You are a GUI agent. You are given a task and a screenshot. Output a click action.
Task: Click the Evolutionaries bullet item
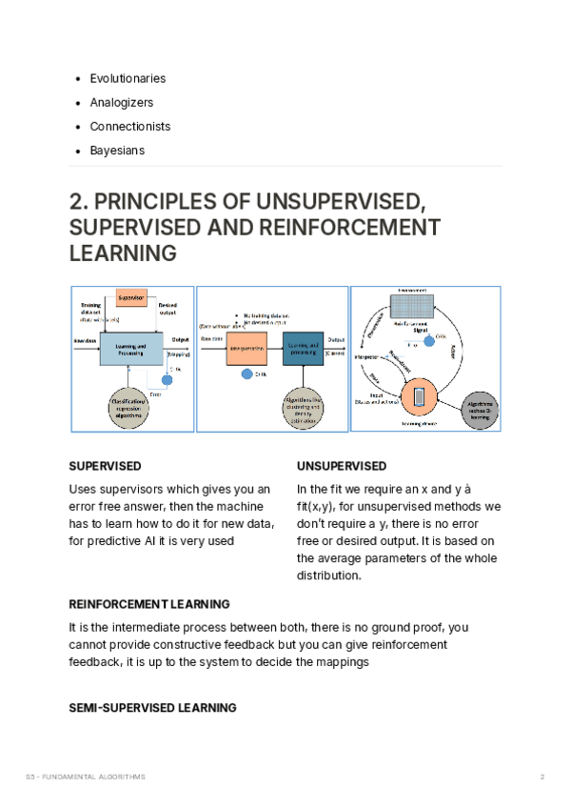pos(128,78)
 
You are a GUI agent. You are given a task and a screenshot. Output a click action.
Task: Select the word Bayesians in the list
pos(117,151)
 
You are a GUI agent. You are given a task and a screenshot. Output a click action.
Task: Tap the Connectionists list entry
pos(130,127)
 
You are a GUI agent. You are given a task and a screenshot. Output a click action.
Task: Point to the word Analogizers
pos(121,102)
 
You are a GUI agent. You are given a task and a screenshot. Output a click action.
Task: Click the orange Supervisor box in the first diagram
pos(130,298)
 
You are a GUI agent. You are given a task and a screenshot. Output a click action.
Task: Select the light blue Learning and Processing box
pos(132,349)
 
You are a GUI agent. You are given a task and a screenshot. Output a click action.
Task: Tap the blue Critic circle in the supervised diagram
pos(168,380)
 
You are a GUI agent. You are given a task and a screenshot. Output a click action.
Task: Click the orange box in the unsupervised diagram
pos(246,351)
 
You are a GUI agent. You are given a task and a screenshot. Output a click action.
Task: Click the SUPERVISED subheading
pos(106,466)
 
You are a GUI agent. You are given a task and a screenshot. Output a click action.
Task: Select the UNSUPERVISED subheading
pos(341,466)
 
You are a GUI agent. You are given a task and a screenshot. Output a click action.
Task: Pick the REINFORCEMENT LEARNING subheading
pos(149,604)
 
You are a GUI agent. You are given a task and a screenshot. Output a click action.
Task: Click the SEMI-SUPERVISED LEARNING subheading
pos(153,708)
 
